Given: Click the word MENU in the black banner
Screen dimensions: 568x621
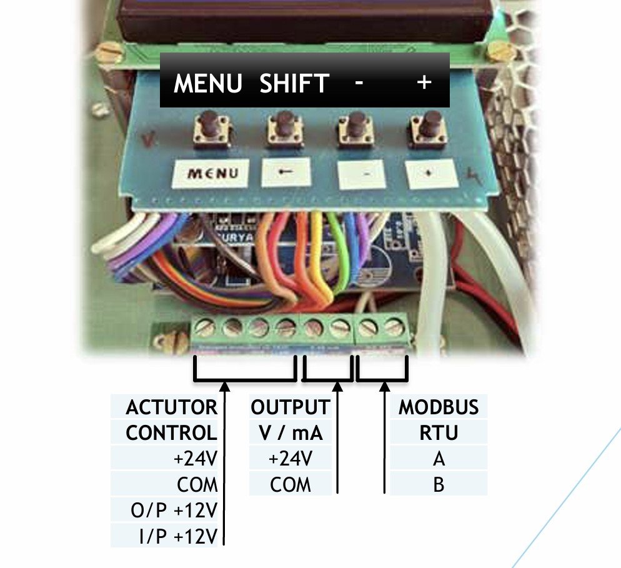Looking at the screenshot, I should coord(208,82).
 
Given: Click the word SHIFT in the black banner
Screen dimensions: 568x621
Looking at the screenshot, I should coord(294,82).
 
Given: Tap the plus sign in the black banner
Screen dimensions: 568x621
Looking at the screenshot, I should coord(424,82).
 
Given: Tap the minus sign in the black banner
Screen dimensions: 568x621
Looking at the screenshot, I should coord(358,82).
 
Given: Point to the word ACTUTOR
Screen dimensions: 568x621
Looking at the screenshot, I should coord(171,407).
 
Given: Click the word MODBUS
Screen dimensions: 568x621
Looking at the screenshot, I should coord(439,407).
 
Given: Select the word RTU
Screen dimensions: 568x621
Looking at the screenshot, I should coord(439,432).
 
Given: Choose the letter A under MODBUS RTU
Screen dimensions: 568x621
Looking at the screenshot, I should coord(439,459).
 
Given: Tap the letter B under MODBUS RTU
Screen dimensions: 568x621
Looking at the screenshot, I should coord(439,484).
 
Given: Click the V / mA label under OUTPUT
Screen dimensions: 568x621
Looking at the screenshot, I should coord(290,432).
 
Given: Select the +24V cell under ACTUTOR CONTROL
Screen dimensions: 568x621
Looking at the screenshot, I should coord(195,459).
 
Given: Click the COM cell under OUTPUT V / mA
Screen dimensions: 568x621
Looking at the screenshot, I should coord(290,484).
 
